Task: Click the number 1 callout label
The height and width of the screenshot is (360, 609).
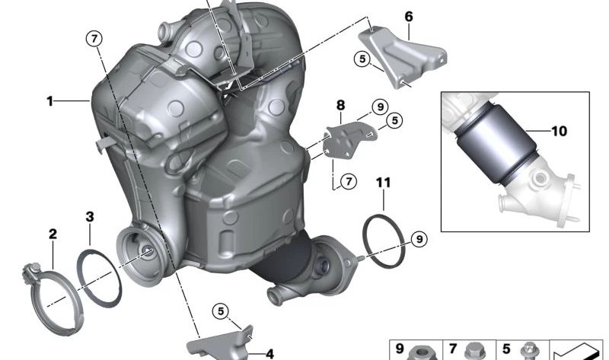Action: coord(49,100)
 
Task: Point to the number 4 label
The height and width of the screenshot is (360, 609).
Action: coord(269,353)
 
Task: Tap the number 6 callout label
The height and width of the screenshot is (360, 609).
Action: coord(409,16)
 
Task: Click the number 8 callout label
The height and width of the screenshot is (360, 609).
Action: coord(340,106)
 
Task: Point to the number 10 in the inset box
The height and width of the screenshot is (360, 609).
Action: coord(559,131)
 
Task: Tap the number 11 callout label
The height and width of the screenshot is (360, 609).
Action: coord(384,182)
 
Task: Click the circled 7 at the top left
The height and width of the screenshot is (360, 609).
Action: coord(94,39)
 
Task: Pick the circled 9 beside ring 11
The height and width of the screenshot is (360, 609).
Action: coord(419,239)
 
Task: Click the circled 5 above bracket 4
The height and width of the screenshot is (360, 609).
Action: coord(220,311)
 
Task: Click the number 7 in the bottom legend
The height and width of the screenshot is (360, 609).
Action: coord(451,349)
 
